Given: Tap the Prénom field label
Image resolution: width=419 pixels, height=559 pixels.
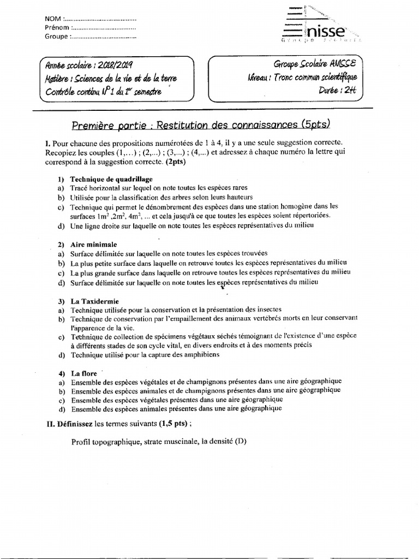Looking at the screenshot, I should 57,27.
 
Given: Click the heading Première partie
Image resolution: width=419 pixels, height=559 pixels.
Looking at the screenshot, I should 112,124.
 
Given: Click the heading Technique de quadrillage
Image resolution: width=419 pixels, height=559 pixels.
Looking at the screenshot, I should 111,179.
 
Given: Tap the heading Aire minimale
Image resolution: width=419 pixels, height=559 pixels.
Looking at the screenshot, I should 93,245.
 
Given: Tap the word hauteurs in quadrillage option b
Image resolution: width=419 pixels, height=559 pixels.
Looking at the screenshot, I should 237,197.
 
